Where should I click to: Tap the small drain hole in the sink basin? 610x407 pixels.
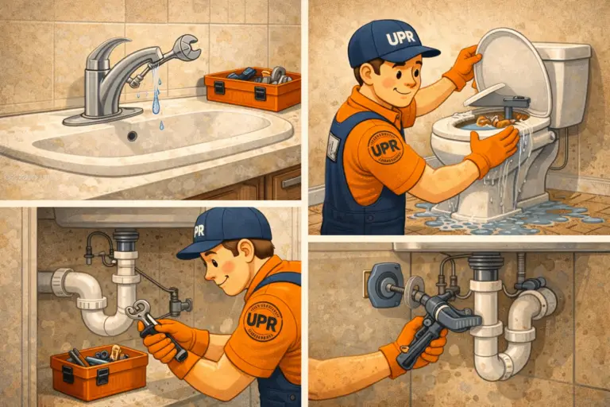[x=133, y=136]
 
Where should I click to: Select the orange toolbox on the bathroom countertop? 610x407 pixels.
[x=252, y=88]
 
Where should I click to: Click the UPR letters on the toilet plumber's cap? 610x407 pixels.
[x=400, y=37]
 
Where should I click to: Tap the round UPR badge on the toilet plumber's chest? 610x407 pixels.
[x=386, y=148]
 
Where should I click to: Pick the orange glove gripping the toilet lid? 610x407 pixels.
[x=464, y=68]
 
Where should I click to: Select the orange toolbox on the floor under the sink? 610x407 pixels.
[x=98, y=370]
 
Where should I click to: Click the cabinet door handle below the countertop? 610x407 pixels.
[x=291, y=181]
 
